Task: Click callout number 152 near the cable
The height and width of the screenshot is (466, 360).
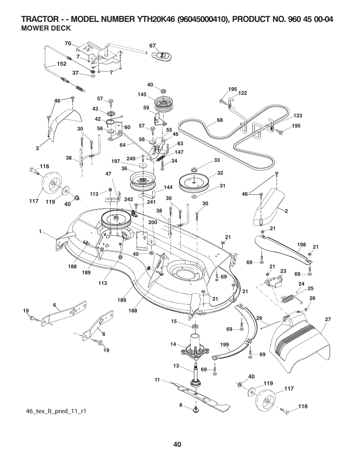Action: (62, 64)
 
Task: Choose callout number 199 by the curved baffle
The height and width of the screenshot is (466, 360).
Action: (225, 345)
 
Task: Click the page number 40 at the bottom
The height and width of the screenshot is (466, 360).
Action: (178, 444)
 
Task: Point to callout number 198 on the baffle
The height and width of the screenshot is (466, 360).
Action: (301, 245)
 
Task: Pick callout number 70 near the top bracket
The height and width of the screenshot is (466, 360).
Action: (68, 44)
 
